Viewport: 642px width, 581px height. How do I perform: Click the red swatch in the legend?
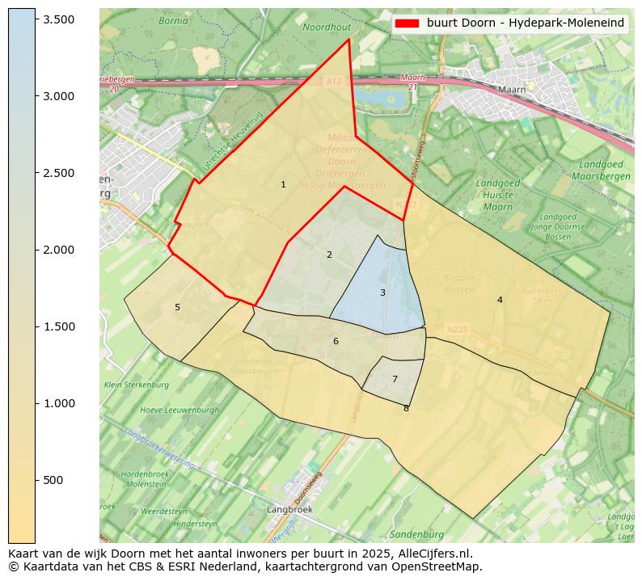tap(408, 23)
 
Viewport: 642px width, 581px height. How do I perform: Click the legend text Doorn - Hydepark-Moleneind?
tap(526, 23)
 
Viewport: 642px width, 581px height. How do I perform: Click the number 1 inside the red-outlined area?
tap(283, 185)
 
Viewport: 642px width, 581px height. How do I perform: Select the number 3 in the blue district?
tap(382, 293)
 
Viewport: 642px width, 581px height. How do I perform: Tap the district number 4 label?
tap(500, 300)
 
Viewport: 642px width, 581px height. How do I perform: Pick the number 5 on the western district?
tap(177, 307)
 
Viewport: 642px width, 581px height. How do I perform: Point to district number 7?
tap(395, 379)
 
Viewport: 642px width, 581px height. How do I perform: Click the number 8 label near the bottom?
tap(406, 409)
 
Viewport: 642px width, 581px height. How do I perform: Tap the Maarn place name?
tap(512, 90)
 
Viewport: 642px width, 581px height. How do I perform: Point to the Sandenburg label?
tap(416, 535)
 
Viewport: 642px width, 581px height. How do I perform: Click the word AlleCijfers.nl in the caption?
tap(428, 554)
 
